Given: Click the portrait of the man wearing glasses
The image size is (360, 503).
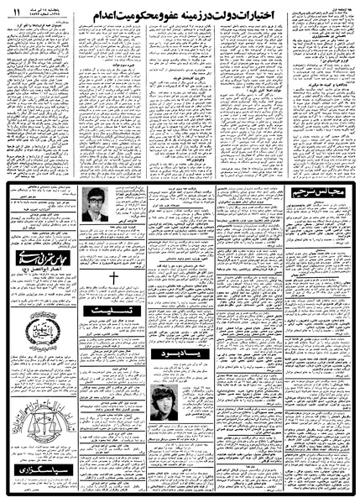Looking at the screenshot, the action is (x=100, y=204).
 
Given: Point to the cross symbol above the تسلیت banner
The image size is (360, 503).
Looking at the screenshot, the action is (x=113, y=280).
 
